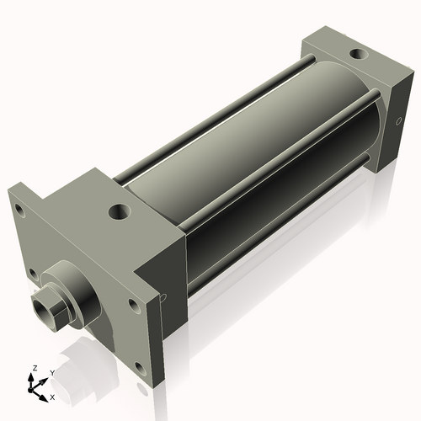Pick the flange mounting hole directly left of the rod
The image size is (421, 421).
[x=32, y=272]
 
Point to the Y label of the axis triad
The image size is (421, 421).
[x=51, y=373]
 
